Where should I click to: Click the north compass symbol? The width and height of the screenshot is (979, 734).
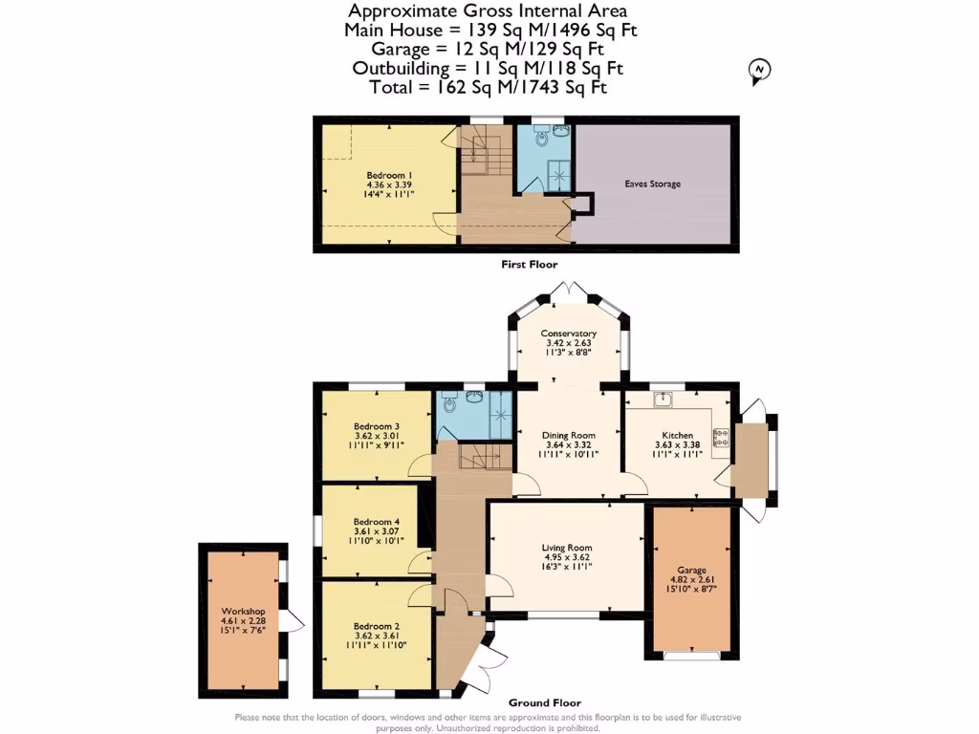pos(760,71)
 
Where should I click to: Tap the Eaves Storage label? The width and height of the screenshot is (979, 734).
pos(652,183)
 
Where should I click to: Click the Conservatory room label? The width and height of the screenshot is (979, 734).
pos(570,334)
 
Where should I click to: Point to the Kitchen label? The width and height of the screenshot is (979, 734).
pos(677,435)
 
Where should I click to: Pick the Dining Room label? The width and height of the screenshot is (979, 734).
pos(570,436)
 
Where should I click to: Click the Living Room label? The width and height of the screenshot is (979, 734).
pos(567,548)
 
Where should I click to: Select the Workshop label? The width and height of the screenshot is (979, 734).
pos(242,612)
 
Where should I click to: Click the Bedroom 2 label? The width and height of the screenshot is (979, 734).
pos(376,626)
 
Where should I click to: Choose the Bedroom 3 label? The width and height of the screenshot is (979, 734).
pos(376,426)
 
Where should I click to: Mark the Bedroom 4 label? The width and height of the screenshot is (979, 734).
pos(376,522)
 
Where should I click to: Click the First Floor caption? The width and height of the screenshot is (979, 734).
pos(529,265)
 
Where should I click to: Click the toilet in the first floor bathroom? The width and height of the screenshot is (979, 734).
pos(543,140)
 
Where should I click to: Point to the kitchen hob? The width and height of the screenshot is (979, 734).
pos(722,437)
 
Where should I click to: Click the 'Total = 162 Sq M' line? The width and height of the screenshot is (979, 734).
pos(489,87)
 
